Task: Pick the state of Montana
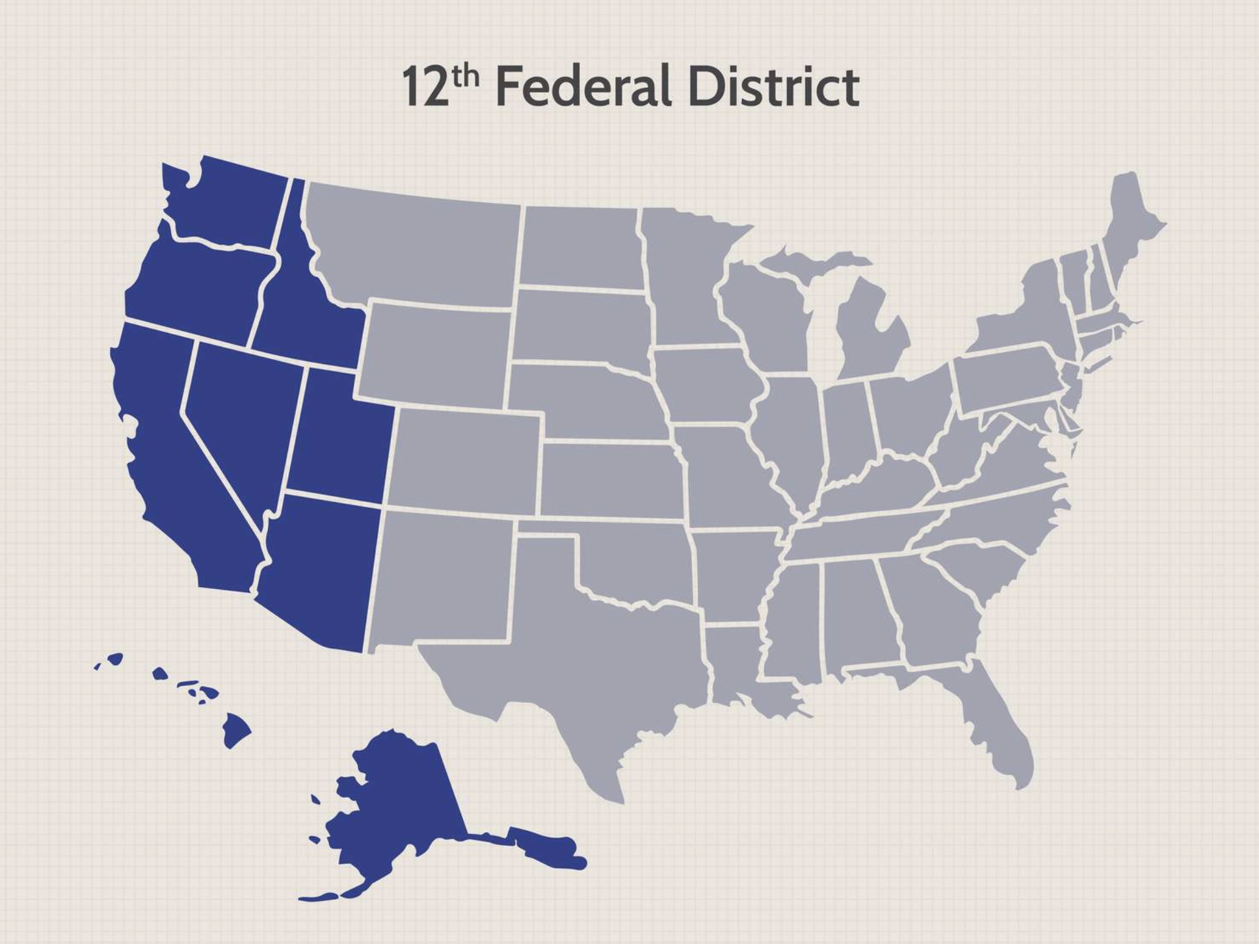click(416, 247)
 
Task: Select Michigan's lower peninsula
click(871, 338)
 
